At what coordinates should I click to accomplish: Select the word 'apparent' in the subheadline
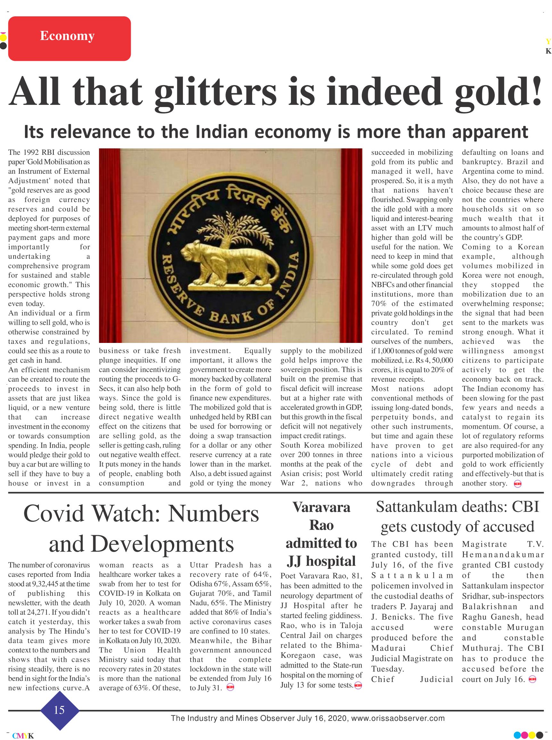pos(490,132)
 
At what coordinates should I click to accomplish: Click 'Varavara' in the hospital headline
pos(321,507)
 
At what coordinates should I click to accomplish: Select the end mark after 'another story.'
pos(518,484)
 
